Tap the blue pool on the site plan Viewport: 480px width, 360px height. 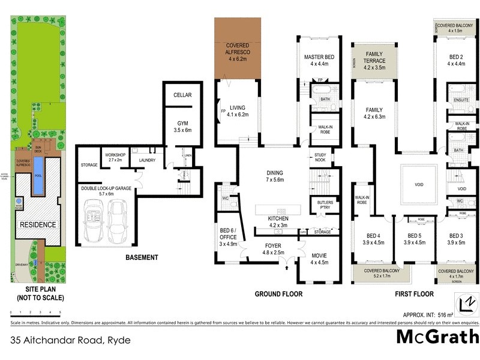[x=38, y=177]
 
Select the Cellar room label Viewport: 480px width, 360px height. [x=182, y=95]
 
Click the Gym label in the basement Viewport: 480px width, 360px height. [x=182, y=126]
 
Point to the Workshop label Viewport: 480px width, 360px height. [x=114, y=157]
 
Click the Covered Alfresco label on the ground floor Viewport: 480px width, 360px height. [x=238, y=53]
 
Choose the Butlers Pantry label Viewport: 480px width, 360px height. [x=325, y=206]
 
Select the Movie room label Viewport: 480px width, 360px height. [x=319, y=259]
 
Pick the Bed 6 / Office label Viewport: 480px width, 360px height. [x=227, y=236]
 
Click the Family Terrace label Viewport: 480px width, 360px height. [x=375, y=61]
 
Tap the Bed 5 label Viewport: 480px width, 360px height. [x=416, y=239]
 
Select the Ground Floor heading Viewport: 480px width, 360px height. [x=278, y=294]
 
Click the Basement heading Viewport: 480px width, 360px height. [x=142, y=257]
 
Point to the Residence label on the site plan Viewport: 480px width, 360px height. [x=38, y=225]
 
